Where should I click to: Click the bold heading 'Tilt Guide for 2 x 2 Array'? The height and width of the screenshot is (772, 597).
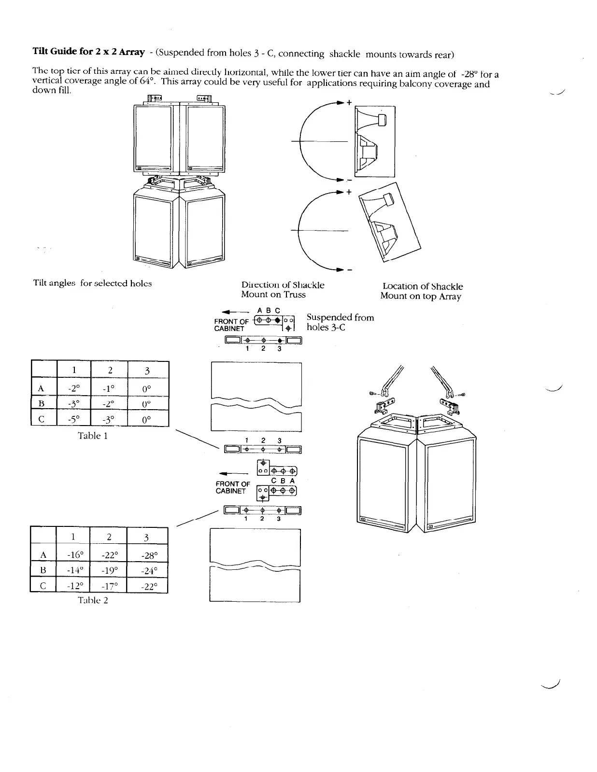(88, 51)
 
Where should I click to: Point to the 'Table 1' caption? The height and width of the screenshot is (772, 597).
(93, 436)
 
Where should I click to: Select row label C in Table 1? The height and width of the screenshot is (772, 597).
(41, 419)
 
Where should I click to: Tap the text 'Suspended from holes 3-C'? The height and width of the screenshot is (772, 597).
(340, 322)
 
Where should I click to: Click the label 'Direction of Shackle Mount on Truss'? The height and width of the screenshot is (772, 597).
(283, 289)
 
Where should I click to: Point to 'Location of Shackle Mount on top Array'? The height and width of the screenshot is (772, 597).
(421, 291)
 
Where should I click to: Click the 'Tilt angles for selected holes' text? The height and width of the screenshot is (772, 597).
(92, 283)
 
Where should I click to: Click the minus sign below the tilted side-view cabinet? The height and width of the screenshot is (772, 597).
(348, 269)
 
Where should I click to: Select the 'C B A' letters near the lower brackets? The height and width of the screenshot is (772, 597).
(283, 481)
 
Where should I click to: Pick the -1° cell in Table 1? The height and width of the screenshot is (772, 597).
(110, 387)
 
